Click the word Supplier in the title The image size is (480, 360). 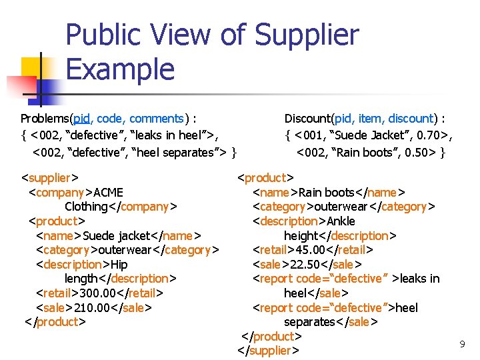[x=307, y=35]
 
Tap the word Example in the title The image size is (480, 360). [x=121, y=69]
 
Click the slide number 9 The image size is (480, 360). [x=462, y=344]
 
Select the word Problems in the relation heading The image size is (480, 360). [x=46, y=119]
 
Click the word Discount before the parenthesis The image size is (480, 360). [x=310, y=119]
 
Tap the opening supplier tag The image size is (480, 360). [x=50, y=178]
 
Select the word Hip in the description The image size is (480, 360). [x=119, y=264]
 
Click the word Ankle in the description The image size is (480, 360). [x=341, y=221]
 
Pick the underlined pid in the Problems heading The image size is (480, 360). [x=82, y=119]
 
